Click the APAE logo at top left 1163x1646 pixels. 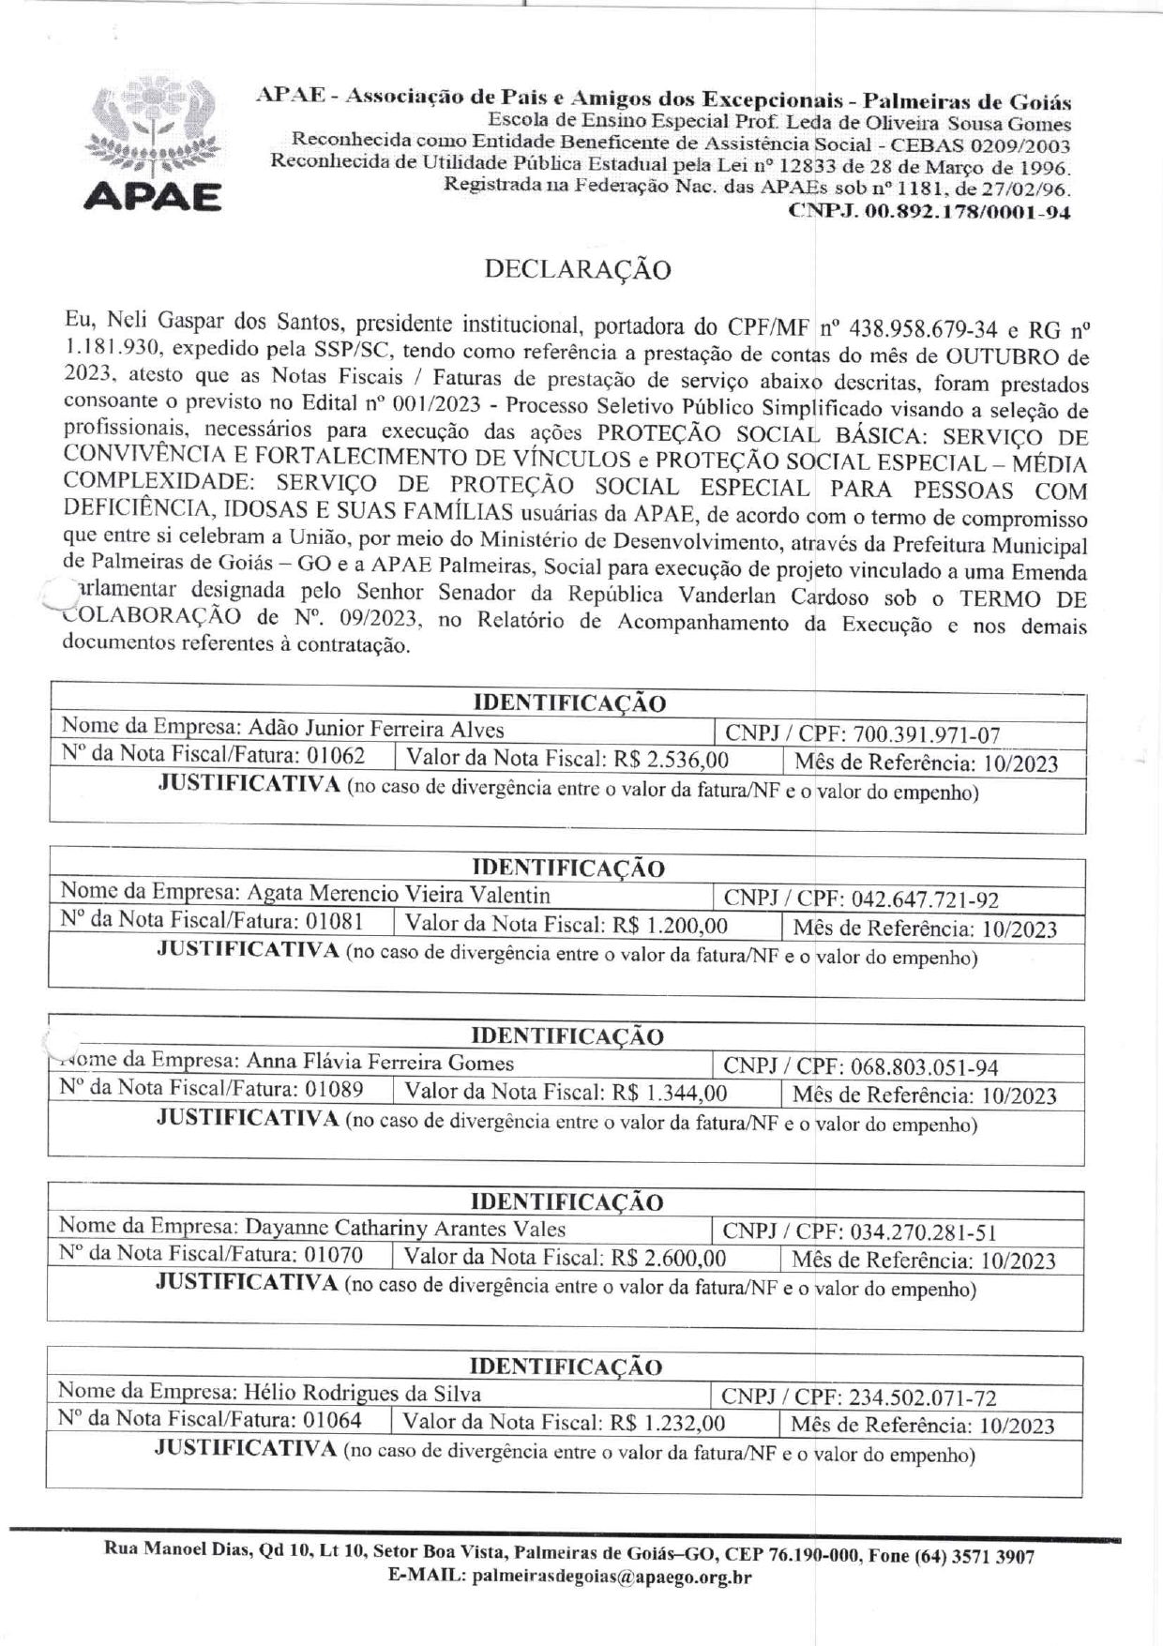pos(153,146)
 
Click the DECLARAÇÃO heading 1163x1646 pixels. pos(578,270)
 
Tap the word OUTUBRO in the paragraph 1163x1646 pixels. pos(1001,357)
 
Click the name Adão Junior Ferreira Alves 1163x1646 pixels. pos(375,730)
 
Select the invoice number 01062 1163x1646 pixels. pos(336,756)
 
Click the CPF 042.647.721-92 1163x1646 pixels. pos(925,899)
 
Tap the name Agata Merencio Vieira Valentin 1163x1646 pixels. pos(398,894)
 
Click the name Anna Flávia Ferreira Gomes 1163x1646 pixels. pos(380,1063)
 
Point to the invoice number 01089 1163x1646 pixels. pos(334,1089)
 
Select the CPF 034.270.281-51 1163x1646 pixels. pos(923,1232)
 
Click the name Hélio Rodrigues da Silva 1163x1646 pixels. pos(362,1394)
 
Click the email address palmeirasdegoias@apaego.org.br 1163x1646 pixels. pos(612,1577)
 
